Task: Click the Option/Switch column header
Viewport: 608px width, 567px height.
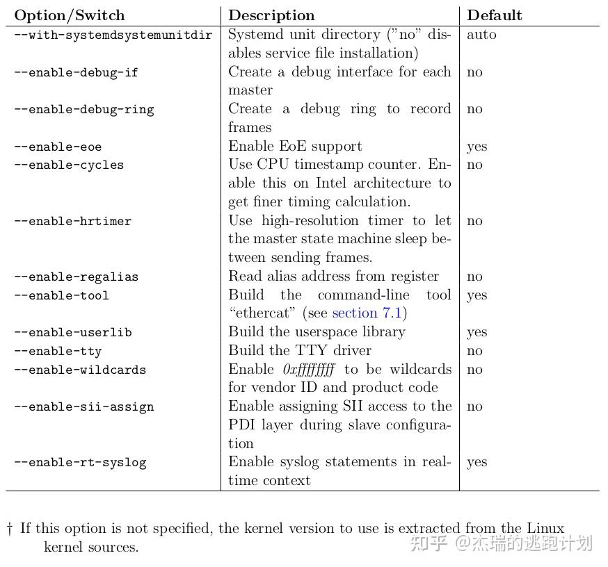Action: point(70,15)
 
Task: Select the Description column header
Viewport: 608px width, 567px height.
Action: point(271,15)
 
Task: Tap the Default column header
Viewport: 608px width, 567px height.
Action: point(494,15)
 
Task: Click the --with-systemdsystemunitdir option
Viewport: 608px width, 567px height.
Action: point(113,35)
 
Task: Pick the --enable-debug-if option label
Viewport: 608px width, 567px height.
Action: point(77,72)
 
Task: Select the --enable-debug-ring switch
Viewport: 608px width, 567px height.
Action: point(84,110)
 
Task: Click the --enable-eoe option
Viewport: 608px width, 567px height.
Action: point(58,147)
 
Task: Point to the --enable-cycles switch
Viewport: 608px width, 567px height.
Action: point(69,165)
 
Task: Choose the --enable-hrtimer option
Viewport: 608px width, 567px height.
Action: point(72,222)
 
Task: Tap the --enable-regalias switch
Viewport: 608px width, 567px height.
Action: point(77,277)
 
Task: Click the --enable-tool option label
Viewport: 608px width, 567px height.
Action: point(61,296)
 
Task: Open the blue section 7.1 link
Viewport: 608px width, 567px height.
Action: point(367,313)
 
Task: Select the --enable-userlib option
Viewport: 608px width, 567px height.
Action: point(72,333)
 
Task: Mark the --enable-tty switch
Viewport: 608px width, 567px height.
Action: point(58,352)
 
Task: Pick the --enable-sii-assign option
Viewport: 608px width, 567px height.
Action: point(83,407)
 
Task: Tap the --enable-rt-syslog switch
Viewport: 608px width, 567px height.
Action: point(80,463)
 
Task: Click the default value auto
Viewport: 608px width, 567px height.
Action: point(481,35)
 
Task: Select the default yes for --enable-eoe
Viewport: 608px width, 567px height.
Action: point(477,147)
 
